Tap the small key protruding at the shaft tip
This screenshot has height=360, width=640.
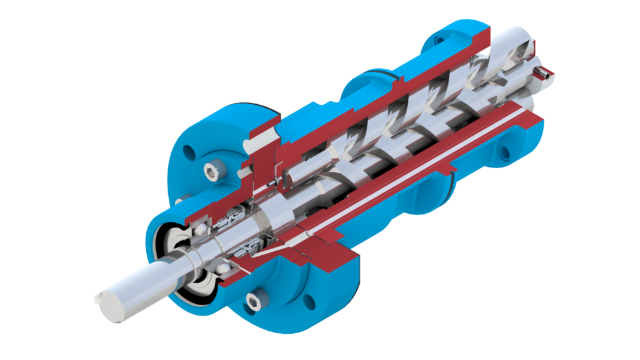99,298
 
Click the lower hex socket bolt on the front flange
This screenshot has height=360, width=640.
252,299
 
